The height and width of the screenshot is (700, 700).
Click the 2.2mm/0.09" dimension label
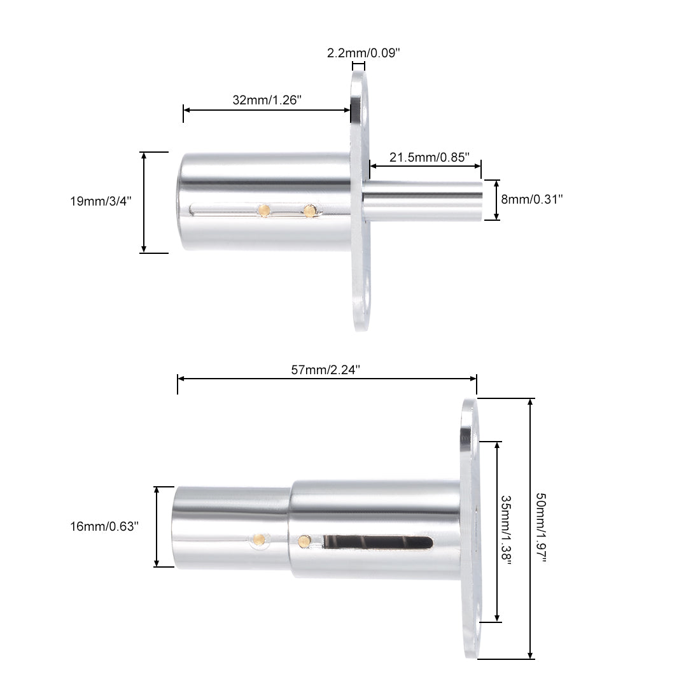(363, 53)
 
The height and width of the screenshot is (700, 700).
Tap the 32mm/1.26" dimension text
(267, 99)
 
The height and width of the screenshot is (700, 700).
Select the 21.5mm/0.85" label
(430, 157)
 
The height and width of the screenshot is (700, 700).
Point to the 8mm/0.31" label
(532, 199)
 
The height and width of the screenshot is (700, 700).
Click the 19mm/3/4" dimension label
(101, 201)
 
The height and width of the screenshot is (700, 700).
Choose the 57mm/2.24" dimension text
(325, 370)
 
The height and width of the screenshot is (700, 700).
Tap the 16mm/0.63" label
(104, 526)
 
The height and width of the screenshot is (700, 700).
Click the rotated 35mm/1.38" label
(506, 529)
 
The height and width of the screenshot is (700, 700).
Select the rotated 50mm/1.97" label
(541, 528)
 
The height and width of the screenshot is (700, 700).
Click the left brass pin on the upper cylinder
(264, 210)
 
